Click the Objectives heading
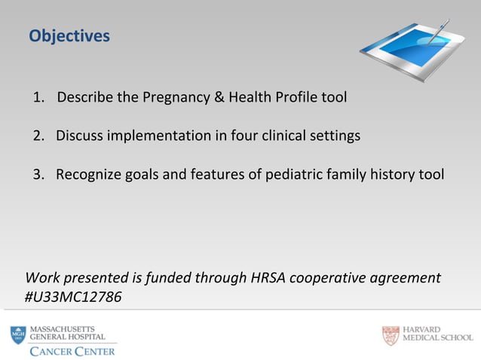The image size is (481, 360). (x=69, y=36)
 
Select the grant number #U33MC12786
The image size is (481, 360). (x=73, y=297)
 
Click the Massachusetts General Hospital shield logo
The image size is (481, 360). (x=17, y=335)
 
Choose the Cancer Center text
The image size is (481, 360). (x=72, y=351)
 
